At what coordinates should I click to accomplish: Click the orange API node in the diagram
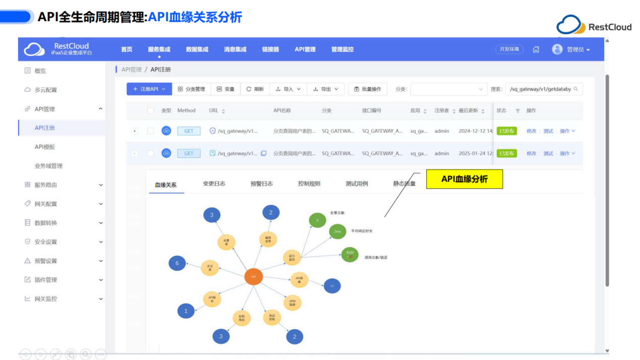[x=253, y=277]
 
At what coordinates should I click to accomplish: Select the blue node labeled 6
[x=177, y=263]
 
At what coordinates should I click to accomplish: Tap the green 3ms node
[x=337, y=231]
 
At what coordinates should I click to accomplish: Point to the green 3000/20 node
[x=350, y=255]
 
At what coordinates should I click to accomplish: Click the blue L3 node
[x=332, y=286]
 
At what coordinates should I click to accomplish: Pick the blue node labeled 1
[x=186, y=311]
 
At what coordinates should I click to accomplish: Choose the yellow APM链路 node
[x=293, y=303]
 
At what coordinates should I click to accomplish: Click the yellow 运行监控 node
[x=292, y=257]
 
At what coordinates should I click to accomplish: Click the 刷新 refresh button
[x=255, y=89]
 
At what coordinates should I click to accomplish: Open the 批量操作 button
[x=367, y=89]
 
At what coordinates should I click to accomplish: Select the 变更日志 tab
[x=214, y=184]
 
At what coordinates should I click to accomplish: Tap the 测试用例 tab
[x=357, y=184]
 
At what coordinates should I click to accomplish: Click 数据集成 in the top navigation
[x=197, y=49]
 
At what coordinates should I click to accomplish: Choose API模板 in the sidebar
[x=45, y=147]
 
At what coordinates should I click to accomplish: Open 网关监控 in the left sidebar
[x=46, y=298]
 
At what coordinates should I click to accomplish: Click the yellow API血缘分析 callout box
[x=464, y=179]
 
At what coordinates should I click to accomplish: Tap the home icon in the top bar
[x=536, y=49]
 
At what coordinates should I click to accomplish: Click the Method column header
[x=186, y=110]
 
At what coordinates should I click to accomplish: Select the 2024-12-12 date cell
[x=474, y=131]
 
